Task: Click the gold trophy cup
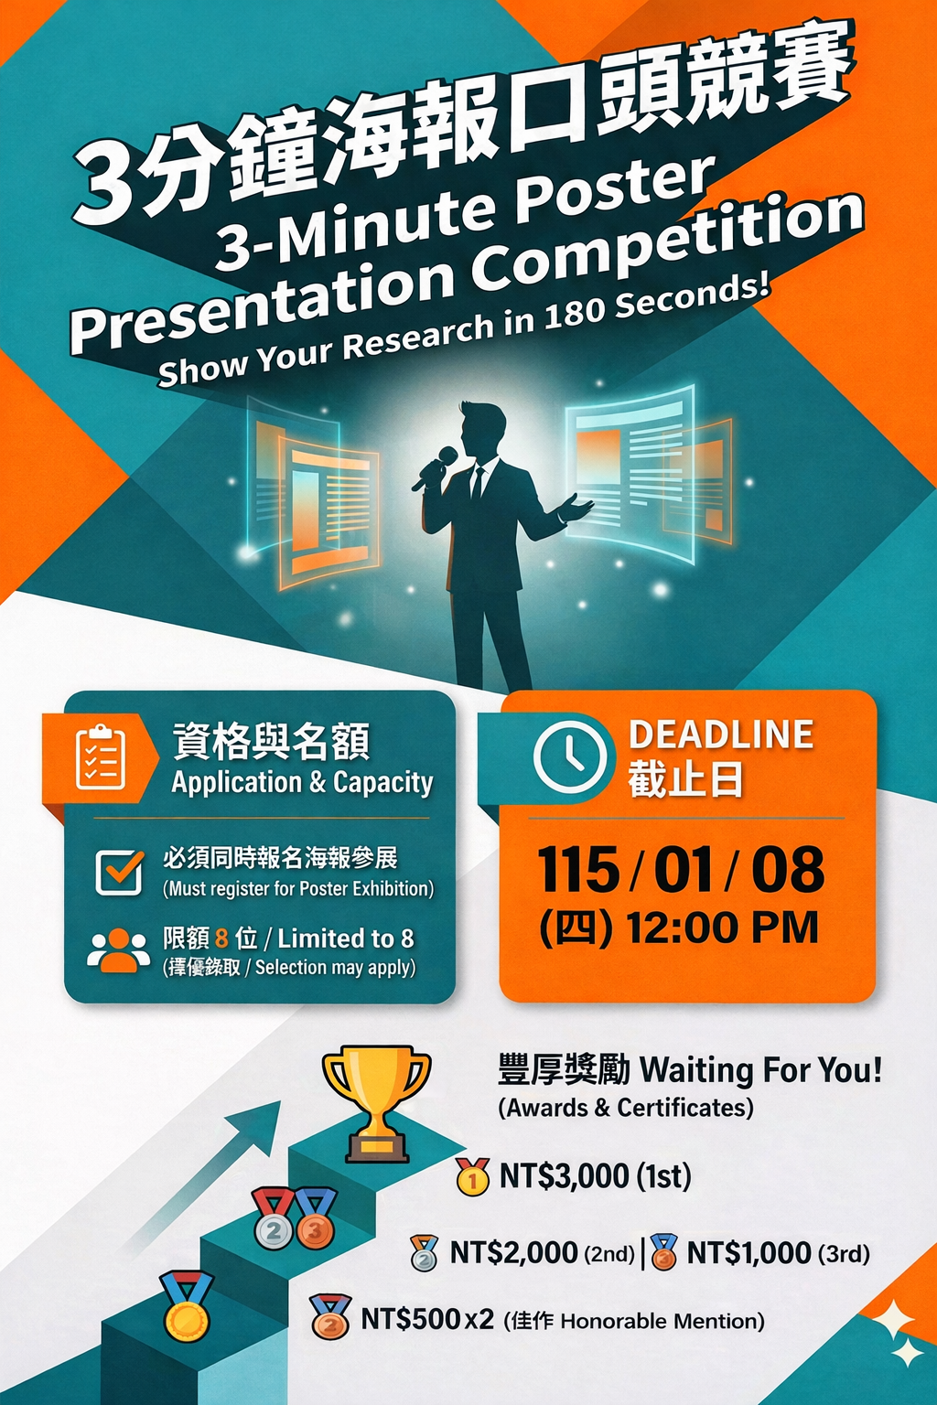click(377, 1102)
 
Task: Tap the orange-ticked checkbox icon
click(120, 872)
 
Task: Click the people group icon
click(119, 951)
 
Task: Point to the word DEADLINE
click(721, 735)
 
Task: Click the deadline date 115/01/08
click(680, 869)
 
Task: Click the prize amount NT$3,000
click(564, 1175)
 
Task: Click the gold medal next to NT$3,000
click(472, 1176)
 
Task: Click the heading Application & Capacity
click(302, 783)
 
